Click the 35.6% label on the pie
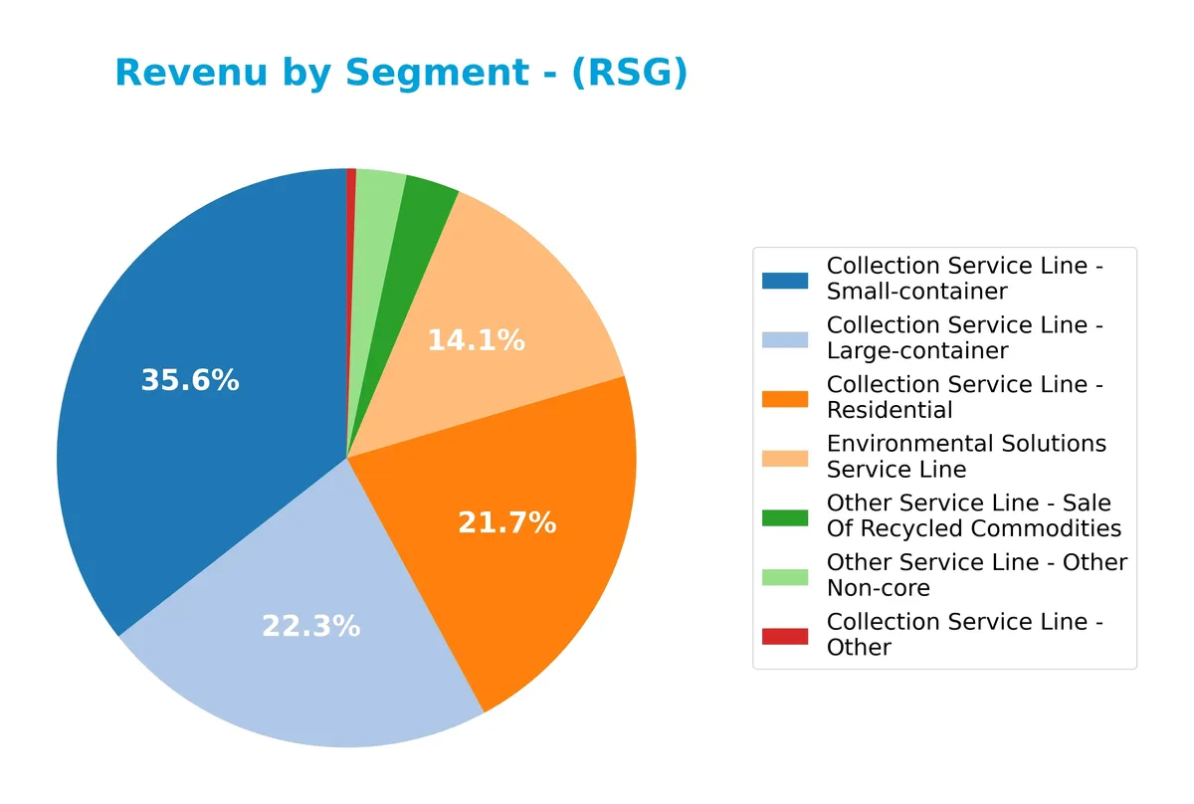[190, 380]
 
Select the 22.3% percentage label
[310, 626]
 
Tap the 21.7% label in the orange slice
[506, 522]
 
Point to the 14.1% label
[476, 340]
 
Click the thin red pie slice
[351, 199]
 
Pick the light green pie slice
[377, 199]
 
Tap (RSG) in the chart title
[629, 73]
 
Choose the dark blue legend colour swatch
[785, 280]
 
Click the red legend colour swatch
[785, 635]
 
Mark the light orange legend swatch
[785, 458]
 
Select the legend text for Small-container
[916, 292]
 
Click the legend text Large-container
[916, 350]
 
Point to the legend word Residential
[890, 410]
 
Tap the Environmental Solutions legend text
[965, 444]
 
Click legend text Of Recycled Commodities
[973, 528]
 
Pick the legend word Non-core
[878, 588]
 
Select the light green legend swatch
[785, 576]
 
